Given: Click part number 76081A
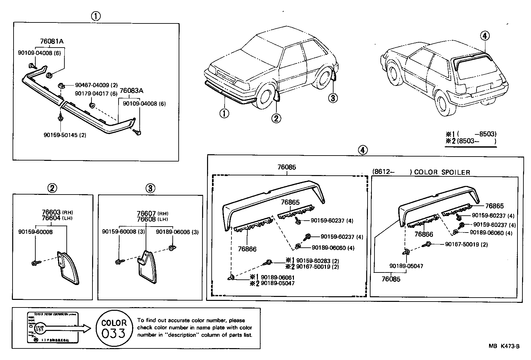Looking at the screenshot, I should click(x=52, y=41).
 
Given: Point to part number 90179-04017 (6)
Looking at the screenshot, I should click(x=96, y=93).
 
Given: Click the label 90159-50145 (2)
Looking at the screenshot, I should click(x=65, y=135).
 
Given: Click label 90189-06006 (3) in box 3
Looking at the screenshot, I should click(x=177, y=232).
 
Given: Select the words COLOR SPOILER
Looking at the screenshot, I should click(x=442, y=172).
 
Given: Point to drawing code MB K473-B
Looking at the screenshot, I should click(x=504, y=346).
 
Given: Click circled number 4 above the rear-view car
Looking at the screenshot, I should click(x=484, y=36).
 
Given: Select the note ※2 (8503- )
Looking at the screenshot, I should click(x=471, y=141).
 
